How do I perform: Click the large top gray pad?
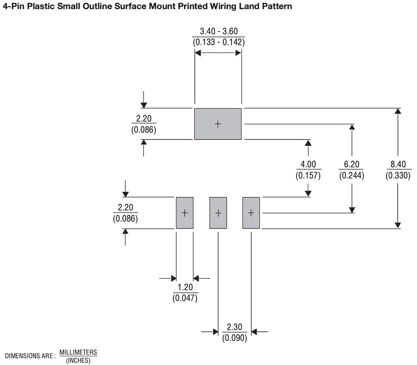pos(218,124)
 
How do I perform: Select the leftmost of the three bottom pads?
pos(185,213)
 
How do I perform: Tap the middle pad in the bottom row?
pos(218,213)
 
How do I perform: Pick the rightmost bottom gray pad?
pos(251,213)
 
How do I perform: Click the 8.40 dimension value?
pos(398,164)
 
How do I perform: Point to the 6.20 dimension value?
pos(352,164)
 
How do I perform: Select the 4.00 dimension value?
pos(308,164)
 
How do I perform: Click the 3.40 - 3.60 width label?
pos(219,31)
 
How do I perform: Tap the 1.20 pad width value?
pos(185,287)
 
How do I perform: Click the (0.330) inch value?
pos(398,175)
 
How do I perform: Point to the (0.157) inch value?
pos(308,175)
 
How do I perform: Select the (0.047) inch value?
pos(185,298)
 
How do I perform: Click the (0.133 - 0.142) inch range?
pos(219,42)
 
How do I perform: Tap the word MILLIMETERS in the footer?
pos(78,352)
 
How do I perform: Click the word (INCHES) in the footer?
pos(78,360)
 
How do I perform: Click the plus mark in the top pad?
pos(218,124)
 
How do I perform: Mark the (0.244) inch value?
pos(352,175)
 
